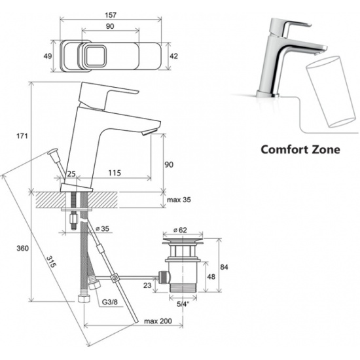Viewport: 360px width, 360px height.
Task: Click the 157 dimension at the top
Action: (111, 15)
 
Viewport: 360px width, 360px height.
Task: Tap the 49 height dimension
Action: (48, 56)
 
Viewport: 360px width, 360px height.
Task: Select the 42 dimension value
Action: (174, 56)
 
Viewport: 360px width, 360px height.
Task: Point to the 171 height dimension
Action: (22, 136)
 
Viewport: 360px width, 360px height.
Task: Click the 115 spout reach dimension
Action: (115, 173)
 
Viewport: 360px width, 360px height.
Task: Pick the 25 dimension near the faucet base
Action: (71, 173)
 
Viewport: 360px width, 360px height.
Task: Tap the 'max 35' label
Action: (179, 200)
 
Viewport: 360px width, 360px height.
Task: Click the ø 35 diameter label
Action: (102, 228)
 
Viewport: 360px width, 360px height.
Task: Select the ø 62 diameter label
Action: (180, 230)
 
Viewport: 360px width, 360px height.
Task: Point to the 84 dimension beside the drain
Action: (224, 267)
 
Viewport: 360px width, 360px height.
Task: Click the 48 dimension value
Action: (211, 277)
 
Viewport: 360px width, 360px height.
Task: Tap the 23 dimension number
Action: (147, 285)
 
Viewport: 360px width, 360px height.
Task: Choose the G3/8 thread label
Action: (109, 302)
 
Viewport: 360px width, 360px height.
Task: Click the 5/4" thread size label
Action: (183, 304)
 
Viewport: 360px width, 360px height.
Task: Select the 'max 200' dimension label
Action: (158, 321)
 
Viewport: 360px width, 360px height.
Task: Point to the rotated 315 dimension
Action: (51, 262)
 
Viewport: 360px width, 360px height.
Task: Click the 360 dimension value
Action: (22, 248)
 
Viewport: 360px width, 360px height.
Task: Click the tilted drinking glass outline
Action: (331, 91)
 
